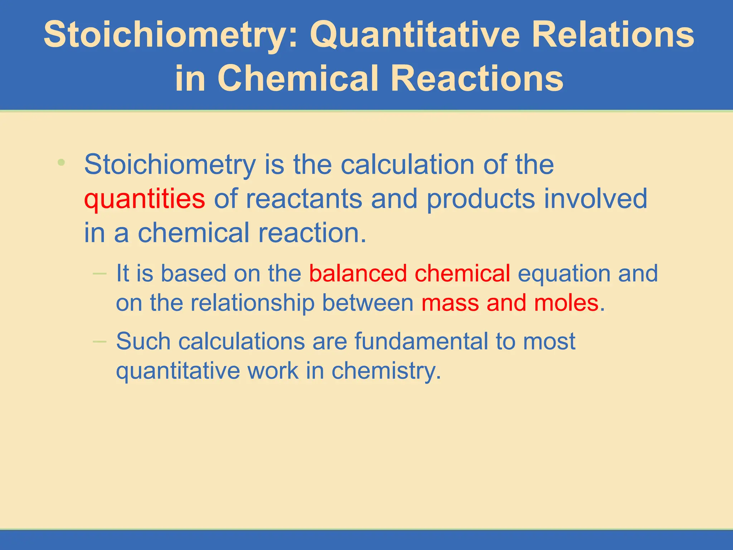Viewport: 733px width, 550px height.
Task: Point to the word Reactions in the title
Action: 477,78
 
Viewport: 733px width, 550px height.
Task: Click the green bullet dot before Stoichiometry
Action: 61,162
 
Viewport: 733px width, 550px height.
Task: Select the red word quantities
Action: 145,199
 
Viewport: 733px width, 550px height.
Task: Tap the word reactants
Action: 304,199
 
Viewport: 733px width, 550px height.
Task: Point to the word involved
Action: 596,199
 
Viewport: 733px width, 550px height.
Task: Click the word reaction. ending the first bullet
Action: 312,233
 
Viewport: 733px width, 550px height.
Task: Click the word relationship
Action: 252,303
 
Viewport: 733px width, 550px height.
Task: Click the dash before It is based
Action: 99,274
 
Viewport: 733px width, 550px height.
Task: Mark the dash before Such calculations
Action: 99,342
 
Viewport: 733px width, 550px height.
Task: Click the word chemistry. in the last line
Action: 386,371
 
